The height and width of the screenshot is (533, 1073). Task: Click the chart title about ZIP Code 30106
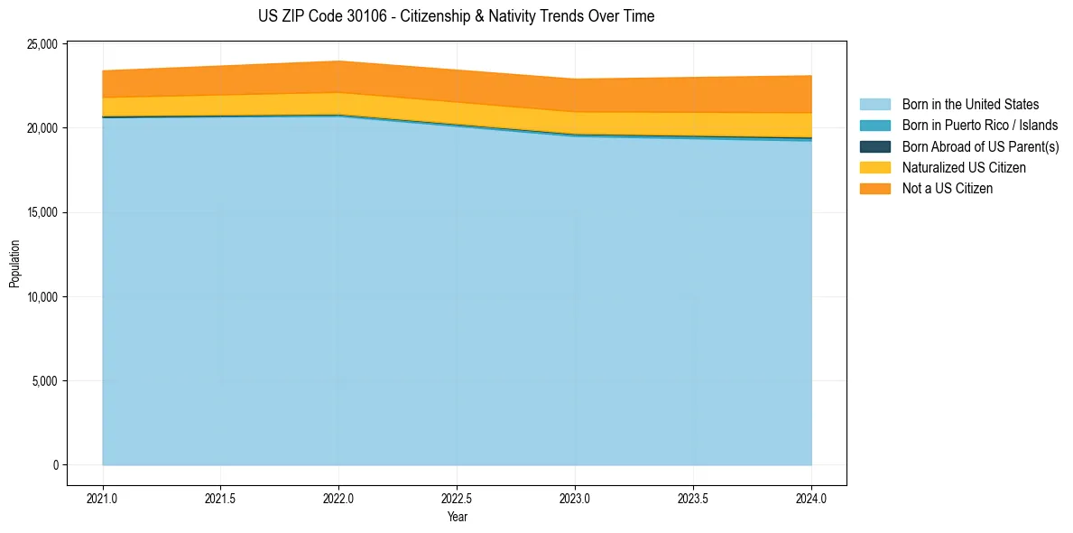click(x=457, y=16)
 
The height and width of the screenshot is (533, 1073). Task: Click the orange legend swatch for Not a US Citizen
click(x=874, y=189)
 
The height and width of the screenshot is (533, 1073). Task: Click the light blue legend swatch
click(x=874, y=105)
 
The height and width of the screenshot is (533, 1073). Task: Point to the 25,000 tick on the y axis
click(x=41, y=44)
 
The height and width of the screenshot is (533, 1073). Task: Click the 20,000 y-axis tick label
click(x=41, y=128)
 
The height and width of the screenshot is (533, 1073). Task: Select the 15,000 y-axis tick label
click(x=41, y=212)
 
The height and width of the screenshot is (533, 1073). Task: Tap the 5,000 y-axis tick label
click(x=43, y=381)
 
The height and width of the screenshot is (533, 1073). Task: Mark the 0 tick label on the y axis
click(x=54, y=465)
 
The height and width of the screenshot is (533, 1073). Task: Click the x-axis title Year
click(x=457, y=517)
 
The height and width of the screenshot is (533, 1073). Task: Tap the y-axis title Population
click(x=14, y=264)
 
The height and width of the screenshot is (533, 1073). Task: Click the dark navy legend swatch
click(x=874, y=146)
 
